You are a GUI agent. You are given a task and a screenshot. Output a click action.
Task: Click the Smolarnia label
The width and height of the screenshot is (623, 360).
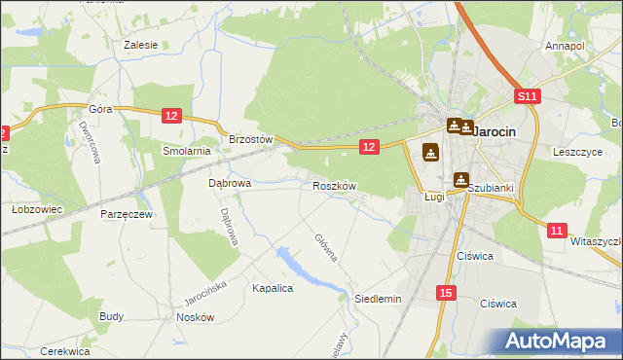(187, 151)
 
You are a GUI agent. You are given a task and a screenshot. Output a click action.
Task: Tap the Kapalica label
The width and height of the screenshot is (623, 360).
(273, 288)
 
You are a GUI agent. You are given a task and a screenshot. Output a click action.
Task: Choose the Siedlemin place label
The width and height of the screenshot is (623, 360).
(378, 299)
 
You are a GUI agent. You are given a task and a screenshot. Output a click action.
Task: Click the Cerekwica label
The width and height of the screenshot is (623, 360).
(65, 351)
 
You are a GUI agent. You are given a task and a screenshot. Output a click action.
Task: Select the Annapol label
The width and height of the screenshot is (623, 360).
(565, 46)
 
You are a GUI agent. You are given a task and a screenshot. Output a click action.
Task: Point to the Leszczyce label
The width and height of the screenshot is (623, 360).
(578, 152)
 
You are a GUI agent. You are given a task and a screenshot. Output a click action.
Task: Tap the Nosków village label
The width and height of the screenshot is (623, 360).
(195, 317)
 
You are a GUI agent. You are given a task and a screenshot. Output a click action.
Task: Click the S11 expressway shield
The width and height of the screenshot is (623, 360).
(527, 96)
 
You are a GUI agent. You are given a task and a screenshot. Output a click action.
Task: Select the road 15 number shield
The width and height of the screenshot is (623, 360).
(445, 293)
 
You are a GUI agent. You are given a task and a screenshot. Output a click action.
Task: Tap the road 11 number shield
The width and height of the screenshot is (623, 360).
(556, 231)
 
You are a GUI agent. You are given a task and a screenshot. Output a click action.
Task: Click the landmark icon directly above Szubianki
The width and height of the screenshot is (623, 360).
(461, 179)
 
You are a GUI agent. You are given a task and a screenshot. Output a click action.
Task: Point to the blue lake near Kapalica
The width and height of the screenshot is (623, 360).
(292, 262)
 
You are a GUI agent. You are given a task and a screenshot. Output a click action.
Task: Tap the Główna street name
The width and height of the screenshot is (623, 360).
(326, 248)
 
